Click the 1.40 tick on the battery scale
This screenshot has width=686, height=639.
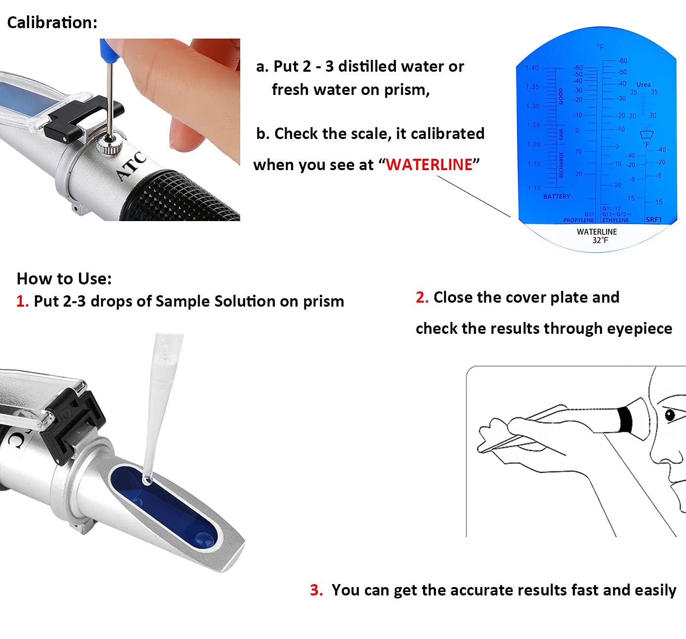(x=532, y=68)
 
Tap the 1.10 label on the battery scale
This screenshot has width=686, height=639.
(x=534, y=188)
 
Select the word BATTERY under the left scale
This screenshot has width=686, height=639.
(x=556, y=196)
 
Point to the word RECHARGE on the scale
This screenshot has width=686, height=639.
(x=561, y=165)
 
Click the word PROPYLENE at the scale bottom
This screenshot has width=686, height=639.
(x=578, y=220)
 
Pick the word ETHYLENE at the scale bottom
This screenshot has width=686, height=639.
(x=616, y=220)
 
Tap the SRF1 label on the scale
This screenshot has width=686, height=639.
(x=653, y=220)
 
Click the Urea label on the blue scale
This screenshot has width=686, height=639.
(x=643, y=84)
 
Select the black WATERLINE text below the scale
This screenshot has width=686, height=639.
(x=597, y=231)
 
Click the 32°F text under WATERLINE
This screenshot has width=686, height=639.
(x=600, y=240)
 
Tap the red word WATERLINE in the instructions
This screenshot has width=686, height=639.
(x=429, y=165)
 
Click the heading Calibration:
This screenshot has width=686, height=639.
(x=52, y=22)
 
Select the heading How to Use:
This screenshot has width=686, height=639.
(x=64, y=278)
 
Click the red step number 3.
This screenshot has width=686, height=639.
(x=316, y=590)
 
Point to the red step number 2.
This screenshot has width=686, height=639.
(x=422, y=297)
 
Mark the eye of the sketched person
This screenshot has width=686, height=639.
(x=670, y=414)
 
